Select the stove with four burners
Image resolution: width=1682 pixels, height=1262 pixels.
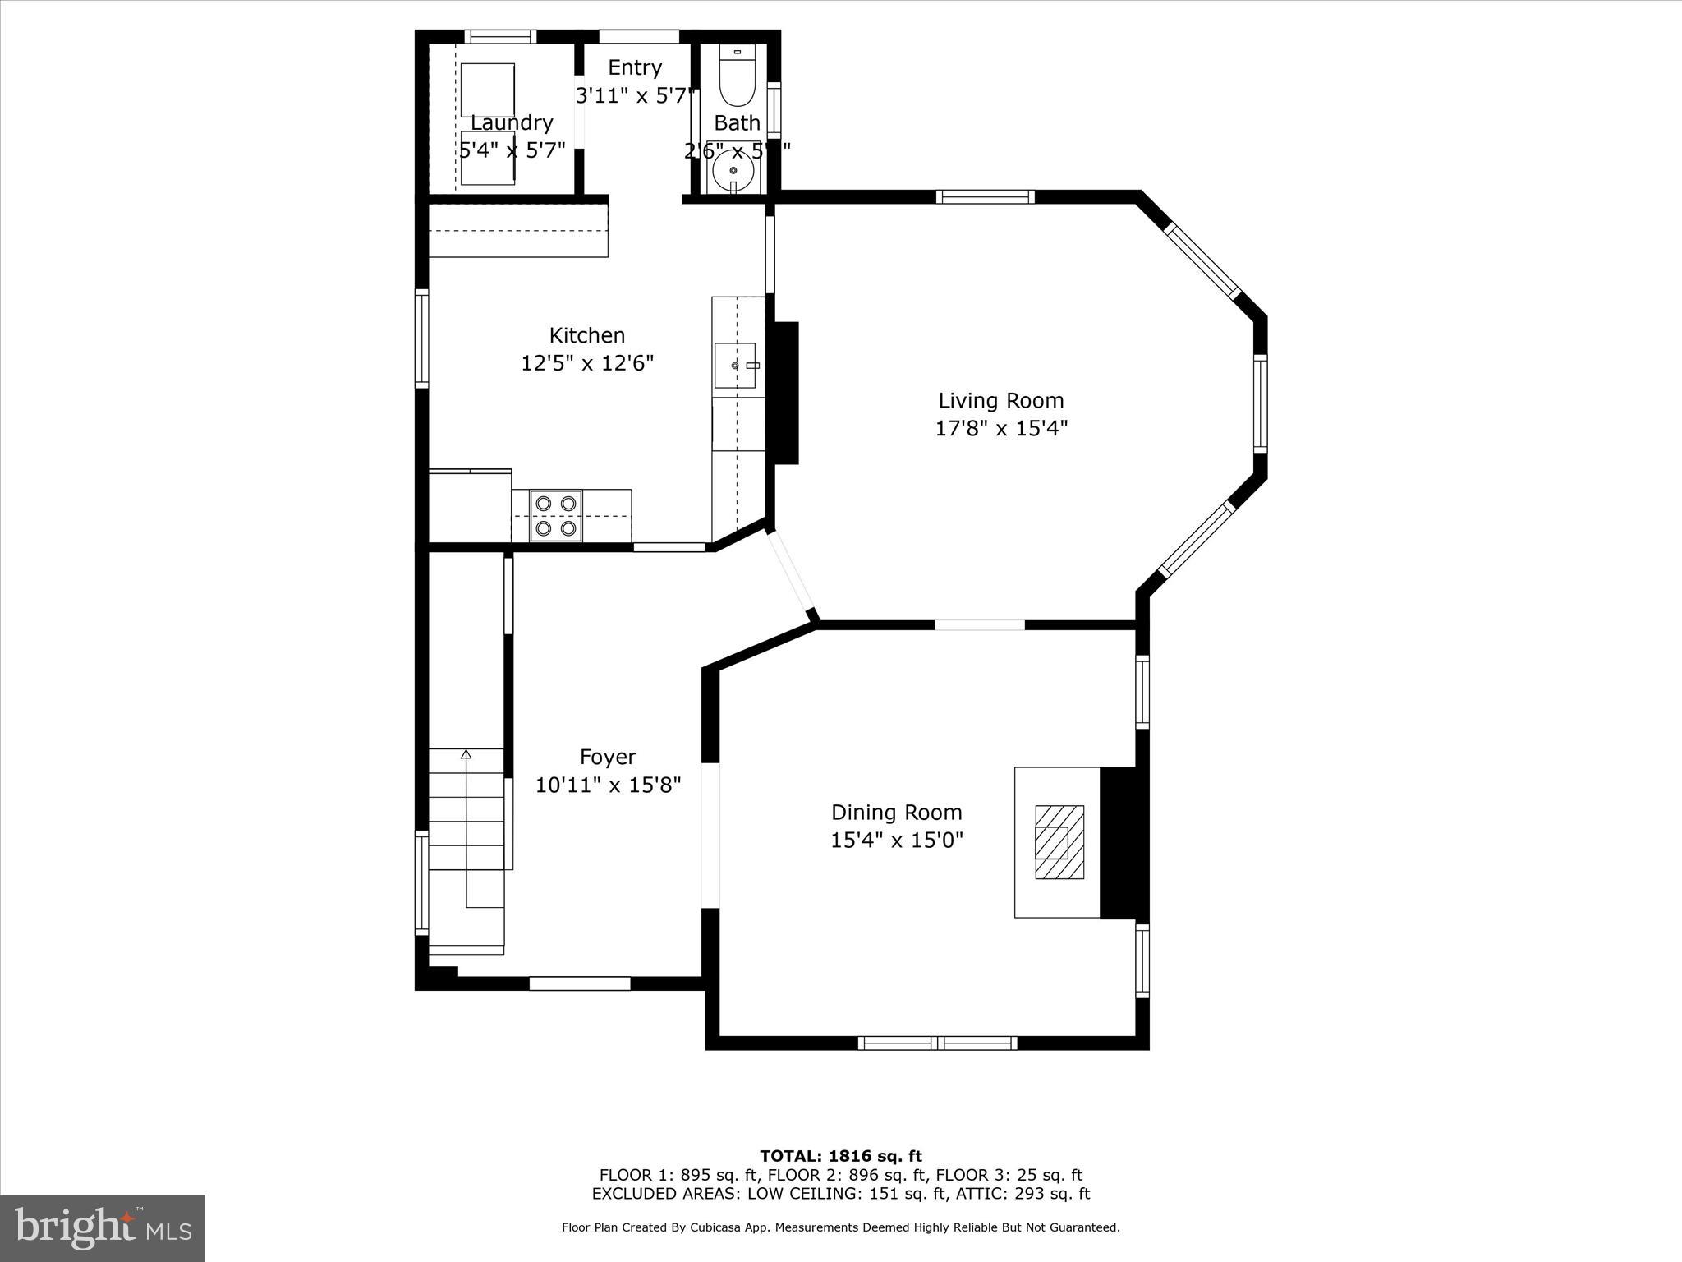coord(556,516)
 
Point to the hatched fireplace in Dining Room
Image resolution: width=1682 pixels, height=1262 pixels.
coord(1059,842)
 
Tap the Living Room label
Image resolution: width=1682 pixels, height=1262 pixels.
coord(1000,401)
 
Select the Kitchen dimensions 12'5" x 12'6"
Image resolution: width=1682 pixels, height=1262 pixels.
coord(587,363)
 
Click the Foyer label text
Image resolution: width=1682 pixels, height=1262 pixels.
coord(608,757)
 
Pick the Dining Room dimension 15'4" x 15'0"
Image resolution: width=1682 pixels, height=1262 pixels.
coord(896,841)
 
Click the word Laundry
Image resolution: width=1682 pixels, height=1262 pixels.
coord(512,123)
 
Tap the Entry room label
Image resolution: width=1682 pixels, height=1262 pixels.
coord(634,67)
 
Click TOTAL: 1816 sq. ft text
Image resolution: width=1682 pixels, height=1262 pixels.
coord(840,1157)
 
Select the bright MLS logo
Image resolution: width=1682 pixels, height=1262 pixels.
coord(103,1227)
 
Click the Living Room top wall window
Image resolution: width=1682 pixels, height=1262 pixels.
coord(985,196)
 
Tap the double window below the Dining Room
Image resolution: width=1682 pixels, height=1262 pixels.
coord(937,1043)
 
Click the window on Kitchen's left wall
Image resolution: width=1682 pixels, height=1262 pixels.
coord(421,338)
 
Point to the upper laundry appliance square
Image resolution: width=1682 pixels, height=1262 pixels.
coord(487,90)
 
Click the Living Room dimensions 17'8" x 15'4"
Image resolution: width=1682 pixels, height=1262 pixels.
coord(1000,429)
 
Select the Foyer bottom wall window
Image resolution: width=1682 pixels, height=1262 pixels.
coord(579,983)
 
